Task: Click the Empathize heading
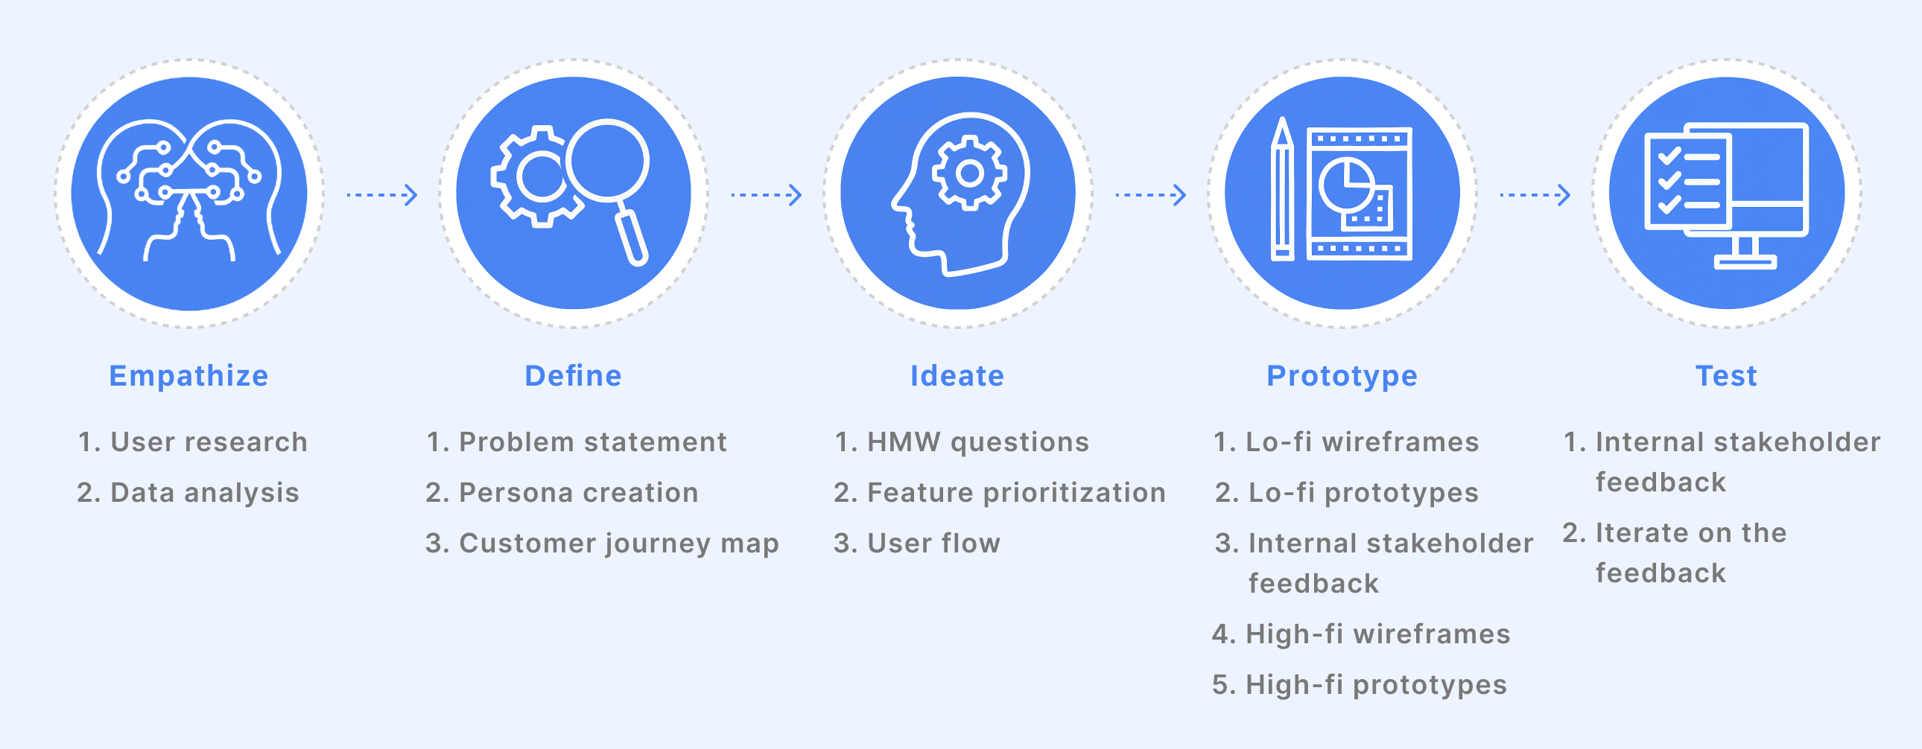188,376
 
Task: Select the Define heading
573,376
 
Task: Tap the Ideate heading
957,376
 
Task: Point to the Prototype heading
1342,377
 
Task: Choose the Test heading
1726,376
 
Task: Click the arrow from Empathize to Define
382,196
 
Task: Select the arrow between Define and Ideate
767,196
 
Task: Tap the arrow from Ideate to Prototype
1150,196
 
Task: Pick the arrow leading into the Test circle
1535,196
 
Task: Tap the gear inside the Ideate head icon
969,173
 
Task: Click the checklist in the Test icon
1688,181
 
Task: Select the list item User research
192,442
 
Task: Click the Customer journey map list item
602,544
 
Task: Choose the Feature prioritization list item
1000,492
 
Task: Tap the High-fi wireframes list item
1361,634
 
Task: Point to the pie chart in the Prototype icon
1347,185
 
